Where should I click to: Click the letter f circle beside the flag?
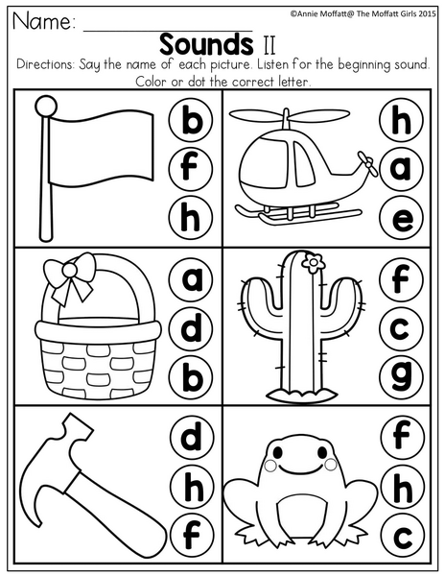(191, 167)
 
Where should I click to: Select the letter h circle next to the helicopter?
(401, 120)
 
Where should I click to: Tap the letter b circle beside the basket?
(192, 377)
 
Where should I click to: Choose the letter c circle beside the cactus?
(401, 327)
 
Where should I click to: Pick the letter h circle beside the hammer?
(192, 487)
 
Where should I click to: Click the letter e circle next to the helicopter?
(401, 218)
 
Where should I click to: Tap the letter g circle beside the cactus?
(401, 377)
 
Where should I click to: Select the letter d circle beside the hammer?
(192, 438)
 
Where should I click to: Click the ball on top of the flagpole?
(46, 107)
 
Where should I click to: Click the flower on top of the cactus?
(313, 263)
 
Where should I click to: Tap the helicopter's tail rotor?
(367, 164)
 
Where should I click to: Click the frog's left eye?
(278, 451)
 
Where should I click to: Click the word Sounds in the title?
(206, 44)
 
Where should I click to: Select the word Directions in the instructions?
(45, 64)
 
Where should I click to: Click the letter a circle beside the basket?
(192, 278)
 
